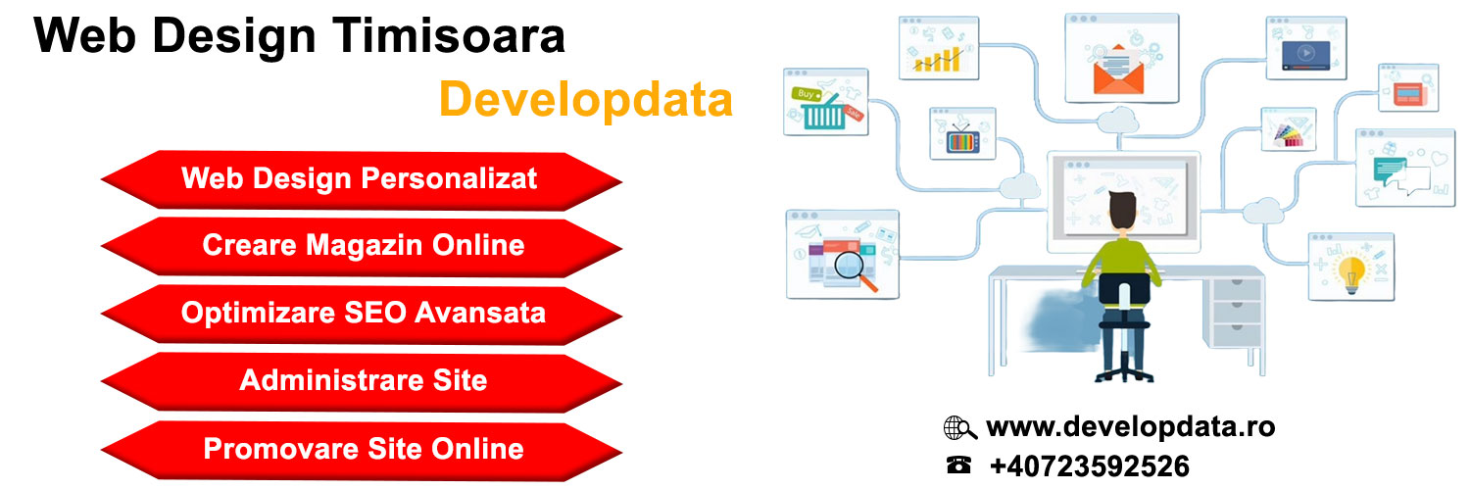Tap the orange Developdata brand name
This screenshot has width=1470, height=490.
pyautogui.click(x=585, y=100)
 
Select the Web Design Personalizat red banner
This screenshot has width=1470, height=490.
pyautogui.click(x=361, y=179)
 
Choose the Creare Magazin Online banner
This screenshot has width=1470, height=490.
pyautogui.click(x=363, y=245)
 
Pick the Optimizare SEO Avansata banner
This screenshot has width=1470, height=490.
pyautogui.click(x=363, y=313)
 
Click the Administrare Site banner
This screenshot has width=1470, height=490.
pyautogui.click(x=363, y=380)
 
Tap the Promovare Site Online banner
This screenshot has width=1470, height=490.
pyautogui.click(x=363, y=449)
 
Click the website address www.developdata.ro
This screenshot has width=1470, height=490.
pyautogui.click(x=1130, y=427)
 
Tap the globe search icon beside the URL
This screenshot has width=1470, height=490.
pyautogui.click(x=959, y=428)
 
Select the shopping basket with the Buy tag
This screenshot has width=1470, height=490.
pyautogui.click(x=823, y=110)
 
